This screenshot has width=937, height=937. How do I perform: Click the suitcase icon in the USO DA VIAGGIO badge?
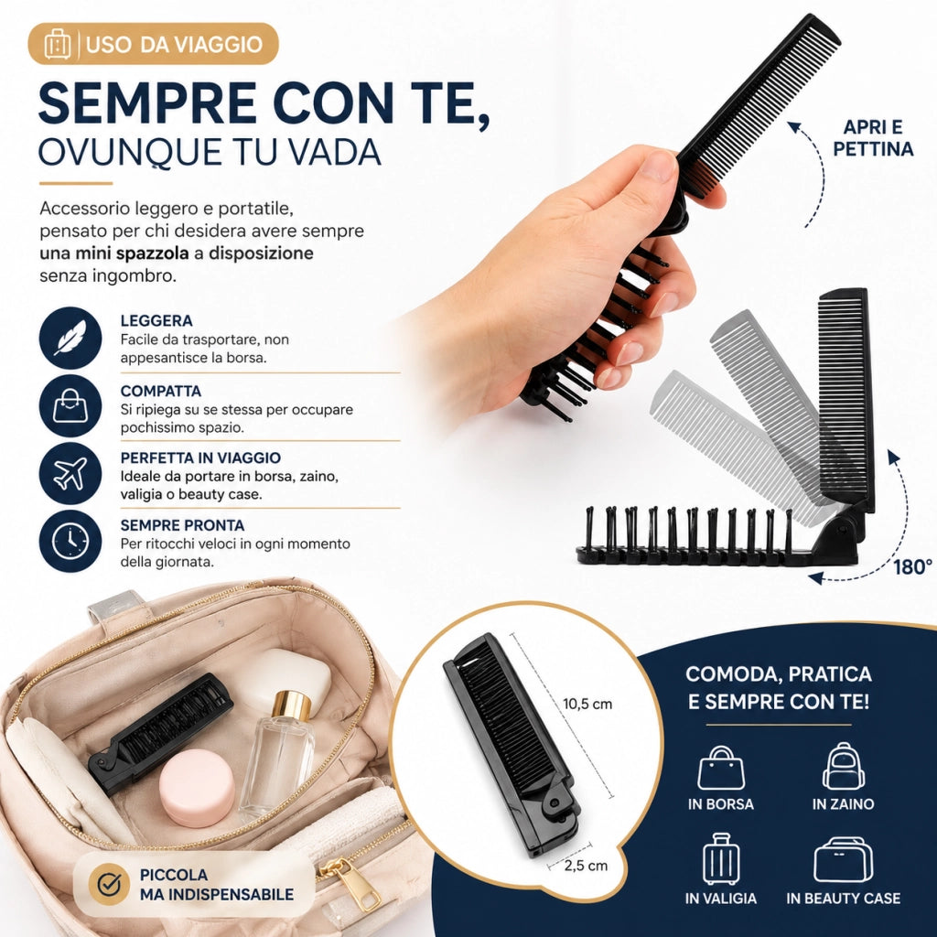click(x=58, y=44)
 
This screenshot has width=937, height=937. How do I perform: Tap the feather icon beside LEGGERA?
click(x=70, y=338)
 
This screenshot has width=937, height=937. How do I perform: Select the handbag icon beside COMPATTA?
click(x=70, y=405)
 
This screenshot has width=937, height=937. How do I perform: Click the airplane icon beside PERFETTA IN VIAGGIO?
click(x=70, y=473)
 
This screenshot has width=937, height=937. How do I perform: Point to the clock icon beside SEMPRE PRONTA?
click(x=70, y=541)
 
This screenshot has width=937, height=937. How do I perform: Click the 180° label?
click(x=912, y=566)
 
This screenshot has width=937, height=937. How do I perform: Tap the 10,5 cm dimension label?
click(x=587, y=704)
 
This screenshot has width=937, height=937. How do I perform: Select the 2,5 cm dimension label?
click(x=586, y=866)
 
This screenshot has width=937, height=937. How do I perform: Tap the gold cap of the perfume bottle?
click(x=291, y=705)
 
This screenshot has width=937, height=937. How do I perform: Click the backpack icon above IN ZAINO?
click(x=843, y=767)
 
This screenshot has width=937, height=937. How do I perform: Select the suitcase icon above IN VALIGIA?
click(x=721, y=859)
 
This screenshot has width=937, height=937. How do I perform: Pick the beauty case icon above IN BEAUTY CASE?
click(x=843, y=860)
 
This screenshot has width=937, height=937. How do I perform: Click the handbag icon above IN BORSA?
click(x=721, y=768)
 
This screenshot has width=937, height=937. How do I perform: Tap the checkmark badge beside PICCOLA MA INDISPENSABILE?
click(x=109, y=885)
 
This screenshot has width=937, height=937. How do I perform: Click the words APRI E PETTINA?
click(x=873, y=138)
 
